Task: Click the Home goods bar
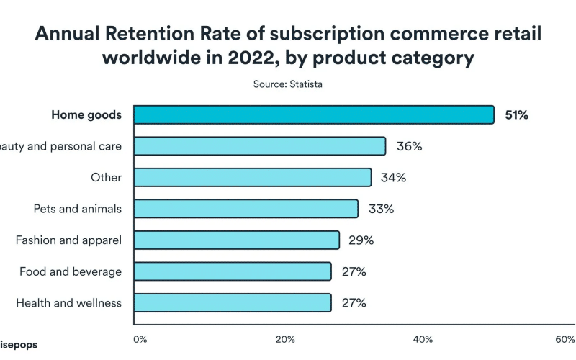tap(314, 115)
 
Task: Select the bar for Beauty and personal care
tap(260, 146)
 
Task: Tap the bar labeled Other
tap(253, 178)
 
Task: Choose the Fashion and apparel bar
tap(237, 240)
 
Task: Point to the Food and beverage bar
tap(233, 271)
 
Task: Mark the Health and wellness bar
tap(233, 302)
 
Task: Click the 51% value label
tap(516, 115)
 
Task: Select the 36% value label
tap(409, 146)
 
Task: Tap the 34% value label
tap(394, 178)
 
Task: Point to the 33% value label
tap(381, 209)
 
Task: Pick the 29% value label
tap(361, 240)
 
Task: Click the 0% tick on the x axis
tap(140, 338)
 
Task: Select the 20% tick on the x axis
tap(285, 338)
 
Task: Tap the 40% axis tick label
tap(423, 338)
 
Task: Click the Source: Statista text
tap(288, 84)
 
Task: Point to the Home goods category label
tap(86, 115)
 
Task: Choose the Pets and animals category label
tap(78, 209)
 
